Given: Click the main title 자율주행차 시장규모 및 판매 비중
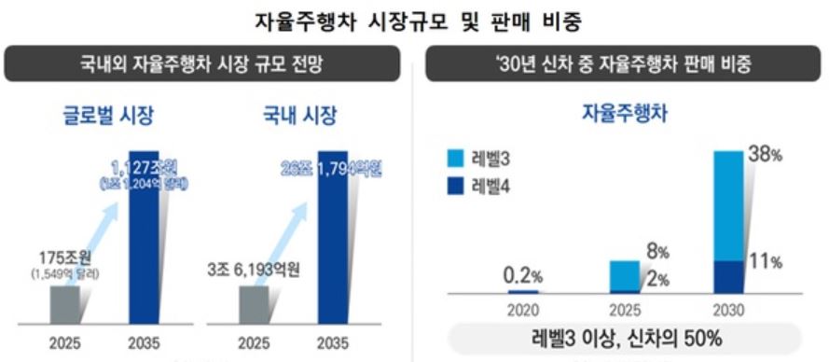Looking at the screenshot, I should tap(414, 20).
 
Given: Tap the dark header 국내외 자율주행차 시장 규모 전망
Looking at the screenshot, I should tap(207, 66).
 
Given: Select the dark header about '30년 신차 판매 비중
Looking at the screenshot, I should tap(623, 66).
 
